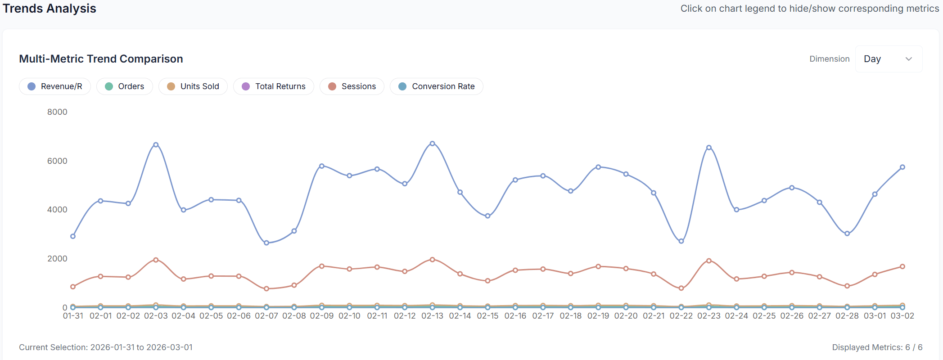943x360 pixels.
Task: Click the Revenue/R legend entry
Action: (x=55, y=86)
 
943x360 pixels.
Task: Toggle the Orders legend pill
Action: (x=125, y=86)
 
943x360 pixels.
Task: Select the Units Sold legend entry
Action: (x=193, y=86)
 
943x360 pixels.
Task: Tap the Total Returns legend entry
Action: (x=274, y=86)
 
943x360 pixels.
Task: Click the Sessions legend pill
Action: (x=352, y=86)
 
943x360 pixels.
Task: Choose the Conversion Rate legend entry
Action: (x=437, y=86)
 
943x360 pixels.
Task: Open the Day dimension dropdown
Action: (x=888, y=59)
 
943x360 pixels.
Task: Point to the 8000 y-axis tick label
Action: (x=57, y=112)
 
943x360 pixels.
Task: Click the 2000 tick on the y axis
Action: (x=57, y=259)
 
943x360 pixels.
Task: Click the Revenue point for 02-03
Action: (x=156, y=145)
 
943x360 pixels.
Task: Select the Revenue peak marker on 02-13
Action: (x=432, y=144)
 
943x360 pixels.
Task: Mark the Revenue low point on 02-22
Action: (x=681, y=241)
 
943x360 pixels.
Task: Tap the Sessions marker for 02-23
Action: (x=709, y=261)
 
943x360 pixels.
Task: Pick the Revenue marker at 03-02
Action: (x=902, y=167)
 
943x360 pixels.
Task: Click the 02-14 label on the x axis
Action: (x=460, y=316)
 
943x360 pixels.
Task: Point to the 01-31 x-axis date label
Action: (x=73, y=316)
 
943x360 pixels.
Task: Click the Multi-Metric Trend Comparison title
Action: (x=101, y=59)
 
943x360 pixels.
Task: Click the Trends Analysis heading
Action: (x=50, y=9)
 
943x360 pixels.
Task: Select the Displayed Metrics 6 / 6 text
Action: (x=877, y=347)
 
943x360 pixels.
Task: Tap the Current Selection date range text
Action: (x=106, y=347)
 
